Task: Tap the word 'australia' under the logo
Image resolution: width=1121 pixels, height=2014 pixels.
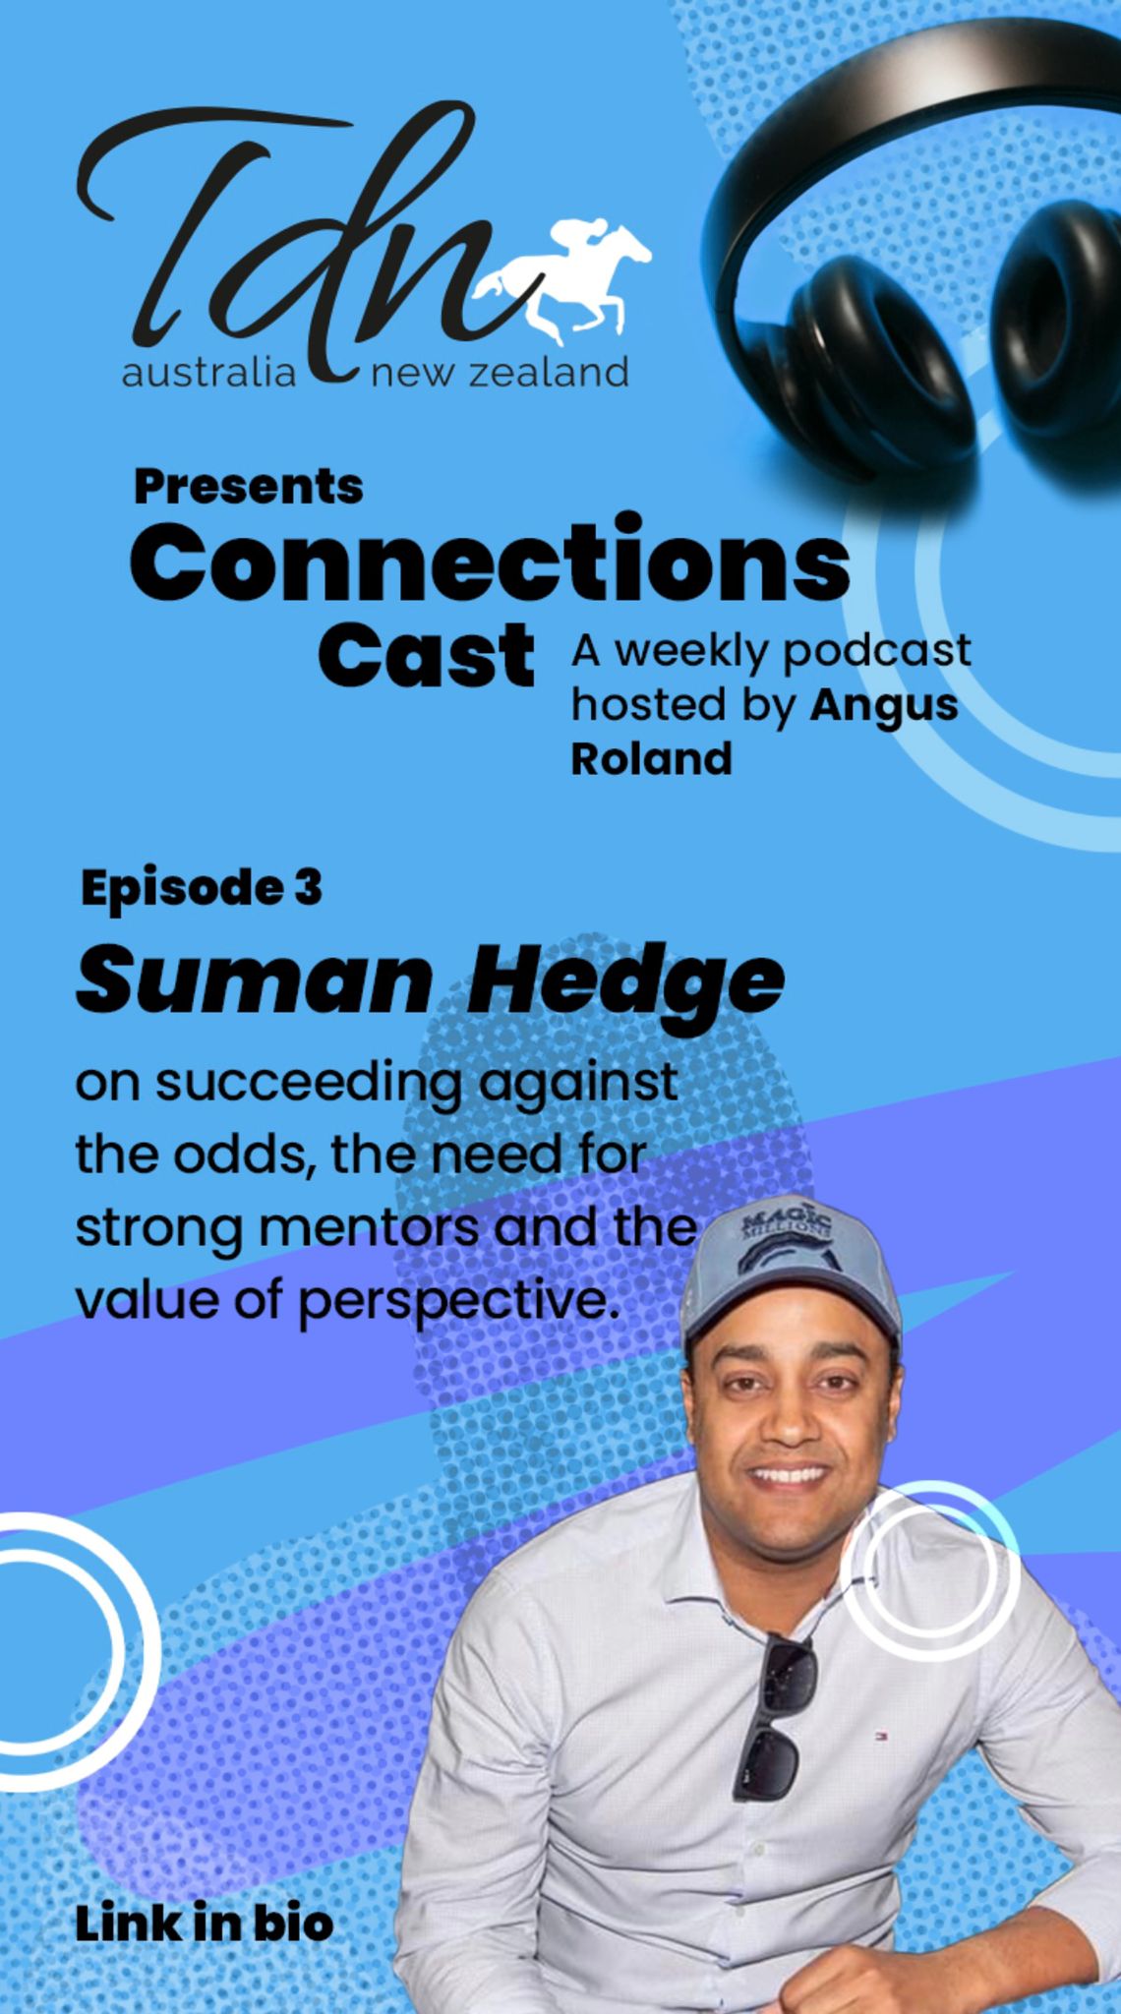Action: (208, 374)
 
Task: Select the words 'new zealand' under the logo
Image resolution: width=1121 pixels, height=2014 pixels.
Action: (499, 374)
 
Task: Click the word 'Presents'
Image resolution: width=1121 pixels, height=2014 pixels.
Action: (249, 486)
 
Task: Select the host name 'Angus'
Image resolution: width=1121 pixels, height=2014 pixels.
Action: (884, 707)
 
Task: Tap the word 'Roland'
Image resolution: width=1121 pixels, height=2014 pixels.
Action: (652, 758)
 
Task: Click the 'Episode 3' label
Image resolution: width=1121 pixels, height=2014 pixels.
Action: (202, 887)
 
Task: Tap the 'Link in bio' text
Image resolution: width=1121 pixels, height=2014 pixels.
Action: (204, 1924)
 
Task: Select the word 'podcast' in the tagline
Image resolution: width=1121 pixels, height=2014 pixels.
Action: (876, 652)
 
